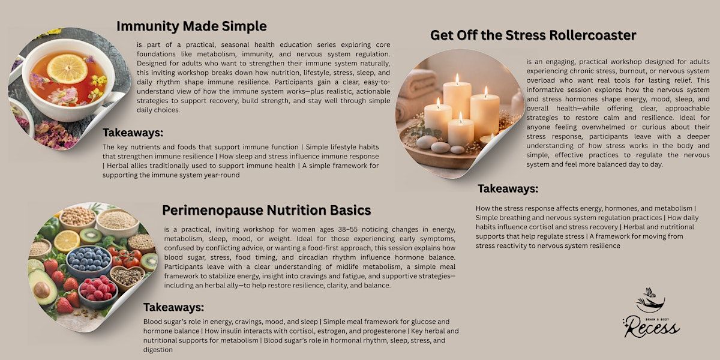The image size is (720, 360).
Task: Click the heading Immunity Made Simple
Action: (191, 26)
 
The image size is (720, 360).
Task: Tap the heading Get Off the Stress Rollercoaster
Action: (533, 35)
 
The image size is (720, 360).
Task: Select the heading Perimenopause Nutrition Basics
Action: (266, 211)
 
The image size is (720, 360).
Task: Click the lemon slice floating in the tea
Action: (67, 68)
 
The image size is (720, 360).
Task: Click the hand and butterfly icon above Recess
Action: (650, 300)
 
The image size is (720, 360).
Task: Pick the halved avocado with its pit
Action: (43, 287)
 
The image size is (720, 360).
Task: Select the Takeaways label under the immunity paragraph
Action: (133, 133)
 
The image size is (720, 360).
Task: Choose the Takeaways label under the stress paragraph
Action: (508, 188)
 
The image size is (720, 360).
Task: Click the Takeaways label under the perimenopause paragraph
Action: (173, 307)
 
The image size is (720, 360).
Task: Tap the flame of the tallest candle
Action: (457, 79)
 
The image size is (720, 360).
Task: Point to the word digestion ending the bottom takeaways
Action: (158, 350)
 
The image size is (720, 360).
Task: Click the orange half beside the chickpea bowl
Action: (67, 241)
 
